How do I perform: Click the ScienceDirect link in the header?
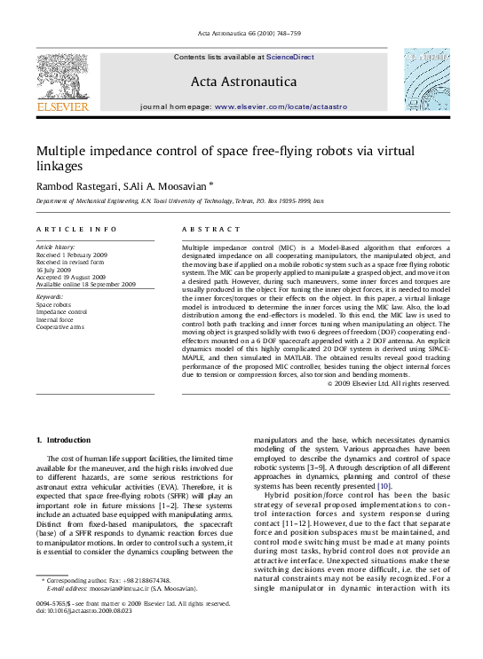(x=290, y=57)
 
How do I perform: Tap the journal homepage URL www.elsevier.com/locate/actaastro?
(x=280, y=106)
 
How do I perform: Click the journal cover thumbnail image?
(x=426, y=82)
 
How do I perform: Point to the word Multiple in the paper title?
(x=63, y=151)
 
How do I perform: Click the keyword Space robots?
(x=53, y=304)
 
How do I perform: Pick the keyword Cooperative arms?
(x=59, y=326)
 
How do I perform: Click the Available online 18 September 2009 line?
(x=85, y=285)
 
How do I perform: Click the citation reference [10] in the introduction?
(x=384, y=486)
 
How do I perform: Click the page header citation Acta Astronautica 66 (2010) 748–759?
(x=241, y=35)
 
